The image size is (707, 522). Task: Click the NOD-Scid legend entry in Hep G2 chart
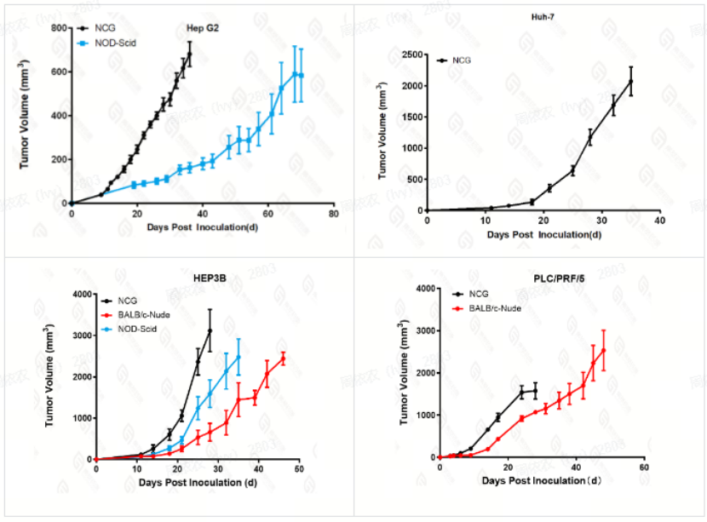pos(116,42)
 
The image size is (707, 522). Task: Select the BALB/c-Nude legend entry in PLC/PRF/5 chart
pos(491,307)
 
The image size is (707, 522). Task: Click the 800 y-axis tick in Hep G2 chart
pos(60,28)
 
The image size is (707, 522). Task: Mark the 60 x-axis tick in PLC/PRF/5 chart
pos(644,468)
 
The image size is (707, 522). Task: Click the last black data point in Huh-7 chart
pos(631,81)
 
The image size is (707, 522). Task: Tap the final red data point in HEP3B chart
pos(283,359)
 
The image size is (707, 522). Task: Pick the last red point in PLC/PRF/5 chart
pos(603,350)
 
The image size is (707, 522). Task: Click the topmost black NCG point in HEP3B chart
pos(210,330)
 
